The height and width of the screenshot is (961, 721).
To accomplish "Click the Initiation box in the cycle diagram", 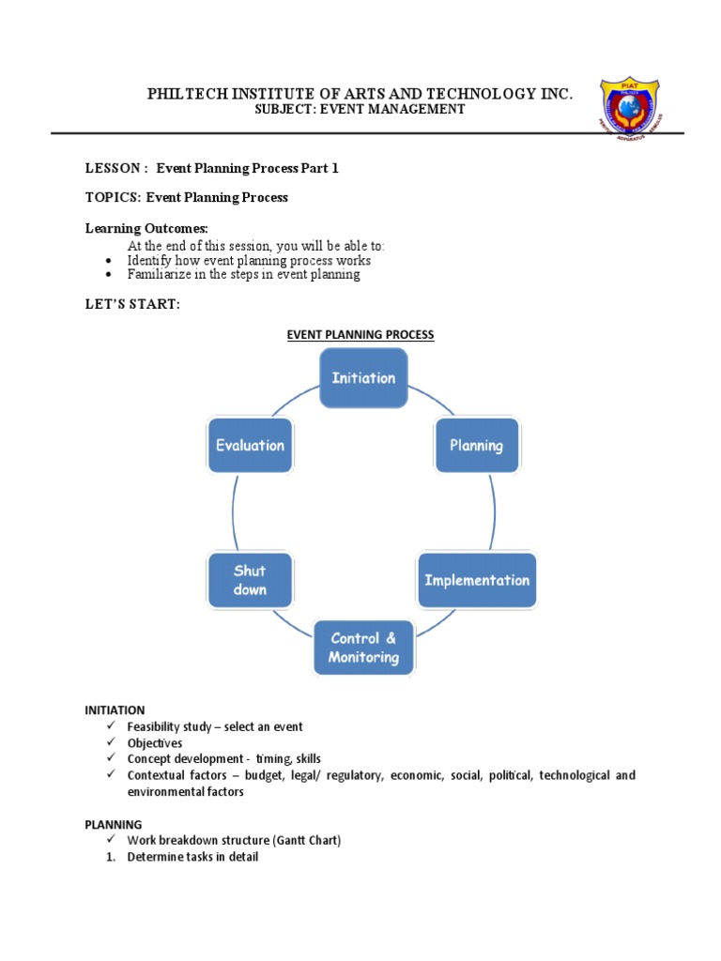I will (363, 378).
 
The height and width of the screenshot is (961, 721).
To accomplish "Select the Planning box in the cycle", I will (476, 446).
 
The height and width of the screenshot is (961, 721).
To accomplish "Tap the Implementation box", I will (477, 580).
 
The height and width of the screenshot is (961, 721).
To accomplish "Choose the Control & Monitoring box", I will (363, 648).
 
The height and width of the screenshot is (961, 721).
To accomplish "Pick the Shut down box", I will (250, 580).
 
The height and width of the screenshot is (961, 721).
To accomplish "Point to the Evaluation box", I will (250, 446).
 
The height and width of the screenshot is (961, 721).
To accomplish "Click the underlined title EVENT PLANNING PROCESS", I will (360, 334).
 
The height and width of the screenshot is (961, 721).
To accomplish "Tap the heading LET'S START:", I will (132, 304).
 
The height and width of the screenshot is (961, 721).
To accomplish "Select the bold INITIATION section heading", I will (115, 710).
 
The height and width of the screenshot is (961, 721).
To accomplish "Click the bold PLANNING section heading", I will (114, 824).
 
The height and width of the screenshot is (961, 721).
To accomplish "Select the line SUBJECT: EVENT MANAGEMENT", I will (360, 110).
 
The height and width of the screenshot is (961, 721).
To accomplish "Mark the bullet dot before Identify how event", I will (110, 261).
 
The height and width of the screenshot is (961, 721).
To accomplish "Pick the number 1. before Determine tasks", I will (110, 857).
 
